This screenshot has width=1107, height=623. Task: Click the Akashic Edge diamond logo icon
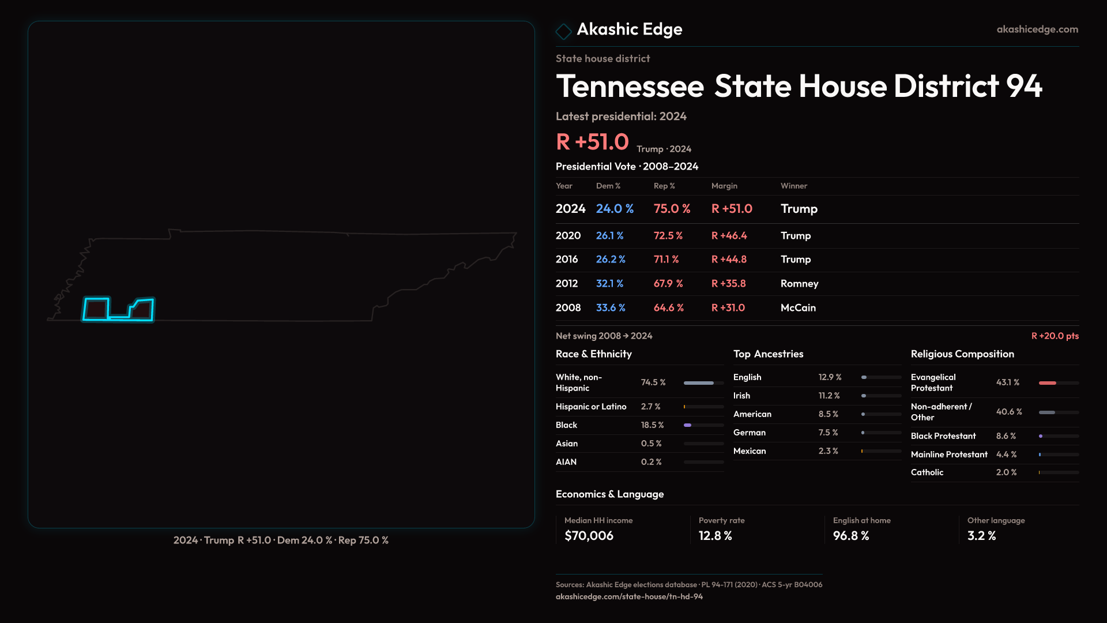click(x=563, y=31)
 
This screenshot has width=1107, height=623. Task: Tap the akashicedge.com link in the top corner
click(x=1037, y=29)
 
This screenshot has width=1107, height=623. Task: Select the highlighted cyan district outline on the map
click(x=96, y=309)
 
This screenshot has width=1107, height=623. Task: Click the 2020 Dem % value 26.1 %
click(x=609, y=236)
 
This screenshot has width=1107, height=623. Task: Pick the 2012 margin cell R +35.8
click(x=728, y=284)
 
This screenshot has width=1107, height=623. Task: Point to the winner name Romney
click(x=799, y=284)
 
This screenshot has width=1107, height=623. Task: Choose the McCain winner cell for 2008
click(x=798, y=308)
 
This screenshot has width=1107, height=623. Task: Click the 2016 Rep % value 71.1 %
click(x=666, y=260)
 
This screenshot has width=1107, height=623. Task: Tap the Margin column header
click(x=724, y=186)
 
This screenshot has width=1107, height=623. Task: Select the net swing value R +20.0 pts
click(x=1055, y=336)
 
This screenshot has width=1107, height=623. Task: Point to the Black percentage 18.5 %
click(x=652, y=425)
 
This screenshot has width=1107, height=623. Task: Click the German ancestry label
click(x=749, y=433)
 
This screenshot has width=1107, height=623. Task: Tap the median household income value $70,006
click(x=589, y=536)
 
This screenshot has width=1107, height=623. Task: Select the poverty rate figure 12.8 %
click(x=715, y=536)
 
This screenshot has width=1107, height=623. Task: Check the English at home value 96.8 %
click(x=850, y=536)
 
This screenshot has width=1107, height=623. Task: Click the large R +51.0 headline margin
click(x=592, y=142)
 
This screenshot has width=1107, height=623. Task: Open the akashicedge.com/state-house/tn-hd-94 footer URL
click(x=629, y=596)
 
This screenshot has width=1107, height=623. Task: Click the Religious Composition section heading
click(x=962, y=354)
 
